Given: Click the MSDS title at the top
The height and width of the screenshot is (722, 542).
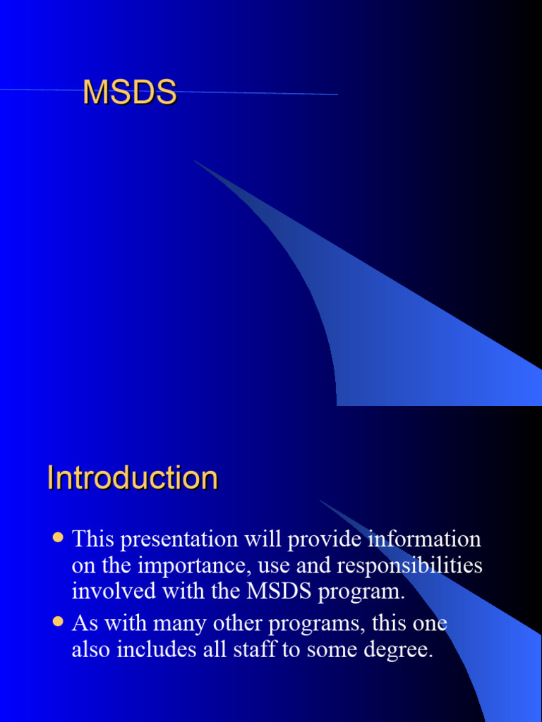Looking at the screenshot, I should pyautogui.click(x=129, y=93).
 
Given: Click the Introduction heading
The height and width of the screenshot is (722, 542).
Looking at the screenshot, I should pyautogui.click(x=133, y=478).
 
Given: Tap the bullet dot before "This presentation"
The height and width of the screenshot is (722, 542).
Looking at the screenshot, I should pyautogui.click(x=58, y=538).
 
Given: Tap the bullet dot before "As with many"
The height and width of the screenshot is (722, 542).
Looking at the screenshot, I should pyautogui.click(x=58, y=623).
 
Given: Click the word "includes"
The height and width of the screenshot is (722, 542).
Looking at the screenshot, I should pyautogui.click(x=155, y=649).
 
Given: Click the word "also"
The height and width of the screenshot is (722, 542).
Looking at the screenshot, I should pyautogui.click(x=90, y=649).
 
